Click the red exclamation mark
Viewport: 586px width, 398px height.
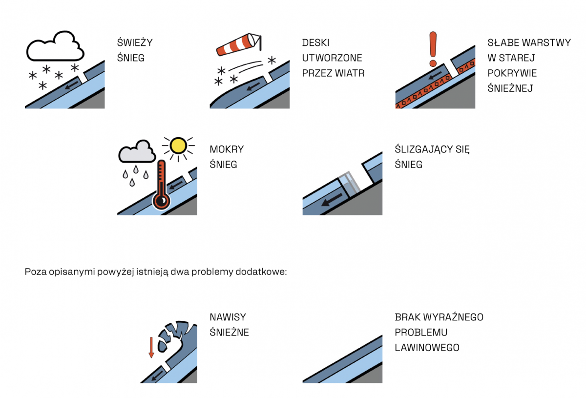432,48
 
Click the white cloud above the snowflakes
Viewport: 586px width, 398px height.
55,47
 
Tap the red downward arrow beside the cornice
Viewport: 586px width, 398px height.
151,347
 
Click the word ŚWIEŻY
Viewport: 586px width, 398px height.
135,42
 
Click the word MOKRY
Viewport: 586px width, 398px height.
227,149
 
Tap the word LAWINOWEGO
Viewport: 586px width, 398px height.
427,348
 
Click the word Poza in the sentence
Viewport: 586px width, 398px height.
35,272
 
